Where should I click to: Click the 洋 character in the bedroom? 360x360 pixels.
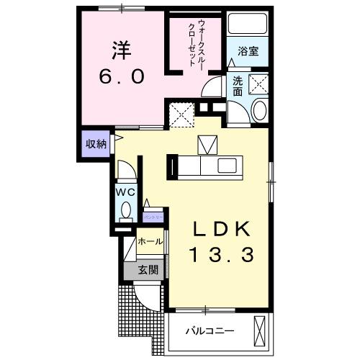tap(121, 51)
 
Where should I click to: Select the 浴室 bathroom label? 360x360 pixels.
tap(248, 51)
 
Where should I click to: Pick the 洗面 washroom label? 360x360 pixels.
tap(238, 87)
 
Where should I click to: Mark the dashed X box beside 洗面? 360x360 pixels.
tap(258, 84)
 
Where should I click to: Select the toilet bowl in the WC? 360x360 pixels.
tap(125, 211)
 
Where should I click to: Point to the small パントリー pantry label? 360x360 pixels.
tap(153, 216)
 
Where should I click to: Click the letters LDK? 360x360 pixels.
tap(221, 229)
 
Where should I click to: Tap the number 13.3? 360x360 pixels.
tap(221, 254)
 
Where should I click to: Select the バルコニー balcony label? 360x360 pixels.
tap(209, 331)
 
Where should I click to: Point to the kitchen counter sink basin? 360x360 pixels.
tap(208, 146)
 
